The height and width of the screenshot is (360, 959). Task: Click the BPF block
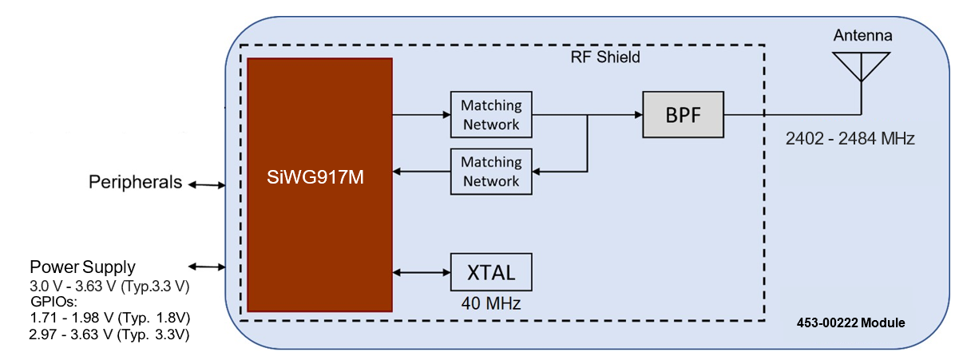pos(683,114)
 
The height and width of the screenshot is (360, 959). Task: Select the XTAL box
pos(491,273)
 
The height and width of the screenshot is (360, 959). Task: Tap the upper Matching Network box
pos(491,114)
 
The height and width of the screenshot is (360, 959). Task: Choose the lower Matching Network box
pos(491,171)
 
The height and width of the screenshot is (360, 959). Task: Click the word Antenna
pos(862,36)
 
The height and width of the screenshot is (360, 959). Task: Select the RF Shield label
pos(605,57)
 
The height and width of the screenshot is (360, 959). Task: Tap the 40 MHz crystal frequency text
pos(490,304)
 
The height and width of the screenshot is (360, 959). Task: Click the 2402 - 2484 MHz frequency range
pos(850,139)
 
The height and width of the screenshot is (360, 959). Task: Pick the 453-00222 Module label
pos(850,323)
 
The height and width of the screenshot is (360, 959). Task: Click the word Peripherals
pos(136,184)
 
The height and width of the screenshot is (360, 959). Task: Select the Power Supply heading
pos(82,267)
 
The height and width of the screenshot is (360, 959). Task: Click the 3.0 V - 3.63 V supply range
pos(108,286)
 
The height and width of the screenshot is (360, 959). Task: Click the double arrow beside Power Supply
pos(206,267)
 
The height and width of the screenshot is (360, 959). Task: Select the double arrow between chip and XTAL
pos(422,273)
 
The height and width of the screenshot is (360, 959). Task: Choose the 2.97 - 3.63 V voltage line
pos(108,335)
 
